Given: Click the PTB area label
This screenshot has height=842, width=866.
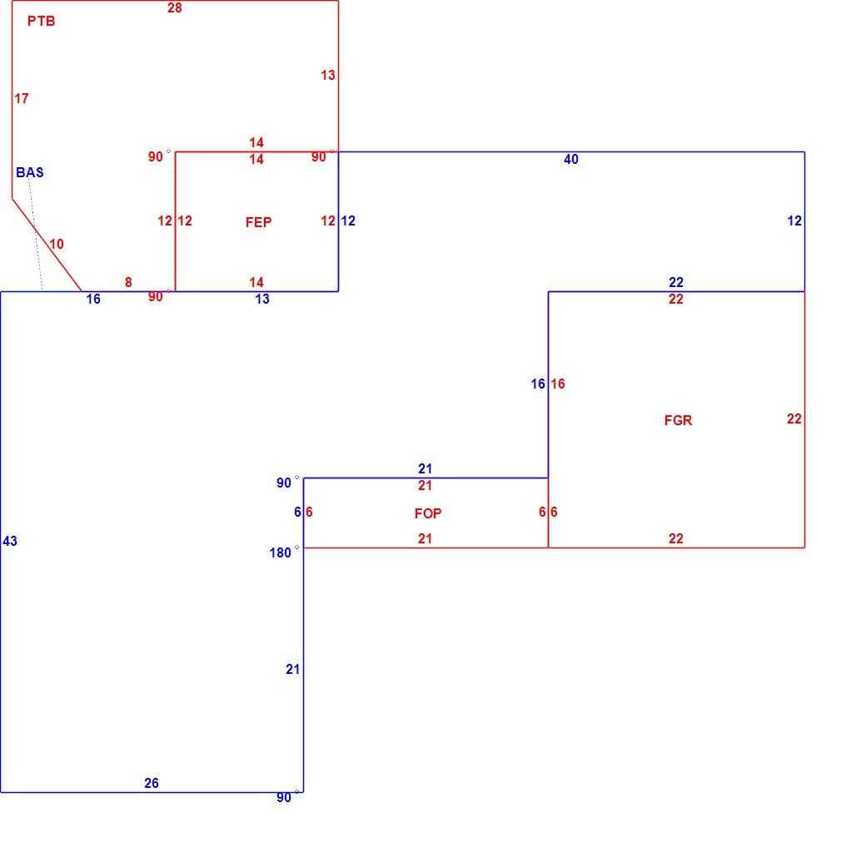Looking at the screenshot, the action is tap(42, 22).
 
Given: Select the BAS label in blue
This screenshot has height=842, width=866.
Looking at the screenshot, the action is tap(30, 173).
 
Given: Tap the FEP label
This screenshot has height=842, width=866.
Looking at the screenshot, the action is tap(258, 222).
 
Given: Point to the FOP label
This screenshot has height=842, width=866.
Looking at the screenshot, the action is tap(428, 513).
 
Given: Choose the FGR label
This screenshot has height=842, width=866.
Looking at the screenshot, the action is tap(678, 420).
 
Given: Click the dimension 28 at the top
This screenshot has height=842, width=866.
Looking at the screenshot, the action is tap(175, 7).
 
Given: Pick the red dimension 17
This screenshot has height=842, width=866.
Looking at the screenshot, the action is tap(22, 99).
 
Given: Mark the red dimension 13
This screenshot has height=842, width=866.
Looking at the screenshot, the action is tap(328, 75).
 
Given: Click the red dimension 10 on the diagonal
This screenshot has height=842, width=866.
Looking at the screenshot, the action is tap(57, 244).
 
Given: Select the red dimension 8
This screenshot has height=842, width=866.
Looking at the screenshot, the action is tap(128, 283).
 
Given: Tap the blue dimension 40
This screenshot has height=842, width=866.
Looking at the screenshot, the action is tap(571, 160).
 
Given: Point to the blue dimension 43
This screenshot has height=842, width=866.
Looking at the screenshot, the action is tap(10, 542).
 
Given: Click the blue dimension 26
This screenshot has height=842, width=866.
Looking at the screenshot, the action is tap(152, 783).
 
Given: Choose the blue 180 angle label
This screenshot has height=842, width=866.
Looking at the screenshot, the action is tap(280, 552).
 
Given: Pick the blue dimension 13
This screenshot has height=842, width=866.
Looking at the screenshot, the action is tap(262, 299).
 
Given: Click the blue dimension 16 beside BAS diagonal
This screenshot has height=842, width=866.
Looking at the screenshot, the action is tap(93, 299).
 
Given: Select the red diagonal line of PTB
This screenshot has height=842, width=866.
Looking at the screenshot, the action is tap(47, 245).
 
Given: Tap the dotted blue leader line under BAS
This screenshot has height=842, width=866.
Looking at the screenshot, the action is tap(35, 234).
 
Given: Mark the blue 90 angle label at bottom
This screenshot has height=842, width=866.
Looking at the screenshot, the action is tap(284, 798).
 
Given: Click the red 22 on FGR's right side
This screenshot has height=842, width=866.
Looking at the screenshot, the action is tap(794, 419).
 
